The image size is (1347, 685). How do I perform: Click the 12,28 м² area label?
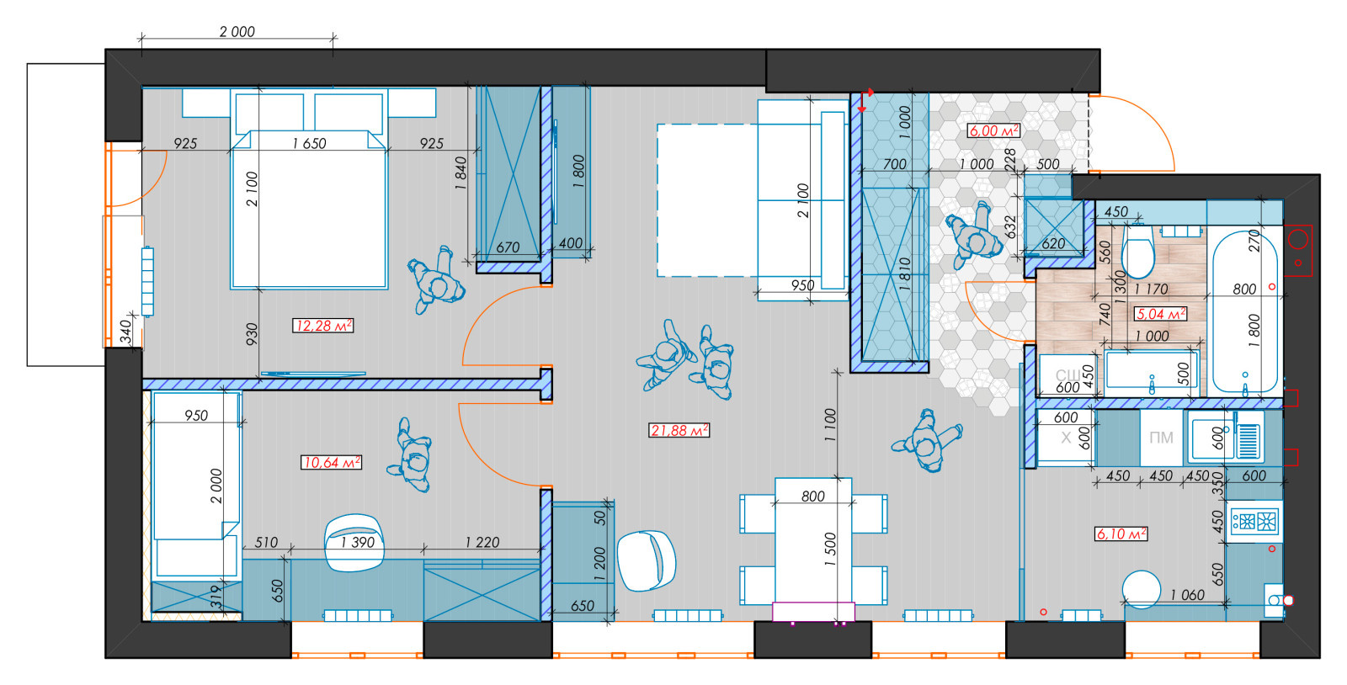click(x=323, y=326)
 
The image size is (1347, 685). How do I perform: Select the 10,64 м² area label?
click(x=331, y=462)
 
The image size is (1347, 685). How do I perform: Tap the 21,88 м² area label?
click(x=679, y=430)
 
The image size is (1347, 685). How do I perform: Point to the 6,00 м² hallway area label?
click(x=993, y=130)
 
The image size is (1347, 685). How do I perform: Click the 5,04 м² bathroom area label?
click(x=1161, y=314)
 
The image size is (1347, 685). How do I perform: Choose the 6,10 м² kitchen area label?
click(x=1121, y=534)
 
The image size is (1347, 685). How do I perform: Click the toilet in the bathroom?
click(x=1137, y=250)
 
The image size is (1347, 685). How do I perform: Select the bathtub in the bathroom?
click(x=1244, y=312)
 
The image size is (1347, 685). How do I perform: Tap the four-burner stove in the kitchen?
click(x=1254, y=521)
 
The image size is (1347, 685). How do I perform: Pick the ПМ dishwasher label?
click(x=1161, y=438)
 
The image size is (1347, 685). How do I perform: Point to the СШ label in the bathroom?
click(x=1067, y=375)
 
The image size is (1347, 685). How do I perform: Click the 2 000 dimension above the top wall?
click(x=237, y=31)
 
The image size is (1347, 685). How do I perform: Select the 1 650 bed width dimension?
click(x=309, y=144)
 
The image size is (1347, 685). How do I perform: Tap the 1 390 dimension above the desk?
click(x=357, y=543)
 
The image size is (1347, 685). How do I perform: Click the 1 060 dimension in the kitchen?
click(x=1187, y=595)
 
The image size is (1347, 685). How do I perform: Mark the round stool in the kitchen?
click(x=1141, y=589)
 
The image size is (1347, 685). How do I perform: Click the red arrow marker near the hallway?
click(x=865, y=100)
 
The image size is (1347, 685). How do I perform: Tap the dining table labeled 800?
click(x=813, y=541)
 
